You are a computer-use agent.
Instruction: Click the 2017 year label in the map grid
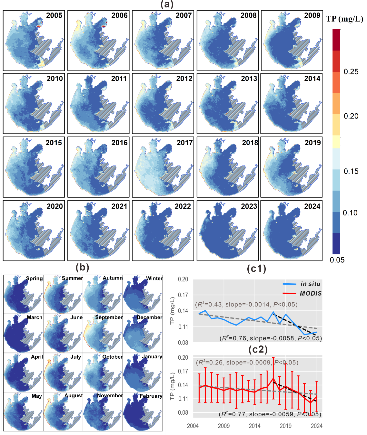pos(185,143)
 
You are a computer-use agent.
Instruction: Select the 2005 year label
pos(54,15)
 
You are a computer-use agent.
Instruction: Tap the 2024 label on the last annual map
pos(312,206)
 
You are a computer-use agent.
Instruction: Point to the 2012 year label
pos(184,79)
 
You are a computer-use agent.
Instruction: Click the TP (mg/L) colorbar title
pos(344,19)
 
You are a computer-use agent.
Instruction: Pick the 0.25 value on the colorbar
pos(351,72)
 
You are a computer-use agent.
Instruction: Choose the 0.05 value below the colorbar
pos(337,260)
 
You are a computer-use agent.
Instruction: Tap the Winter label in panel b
pos(154,278)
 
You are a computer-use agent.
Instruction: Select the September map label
pos(109,317)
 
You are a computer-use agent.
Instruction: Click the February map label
pos(151,396)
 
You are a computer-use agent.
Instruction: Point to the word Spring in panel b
pos(34,279)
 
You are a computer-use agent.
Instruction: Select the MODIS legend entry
pos(311,293)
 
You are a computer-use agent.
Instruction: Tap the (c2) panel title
pos(258,349)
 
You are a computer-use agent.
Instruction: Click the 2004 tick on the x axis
pos(193,426)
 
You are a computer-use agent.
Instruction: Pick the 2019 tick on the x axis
pos(285,426)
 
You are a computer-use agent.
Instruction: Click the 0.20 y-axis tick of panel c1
pos(183,279)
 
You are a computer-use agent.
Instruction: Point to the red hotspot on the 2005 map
pos(39,27)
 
